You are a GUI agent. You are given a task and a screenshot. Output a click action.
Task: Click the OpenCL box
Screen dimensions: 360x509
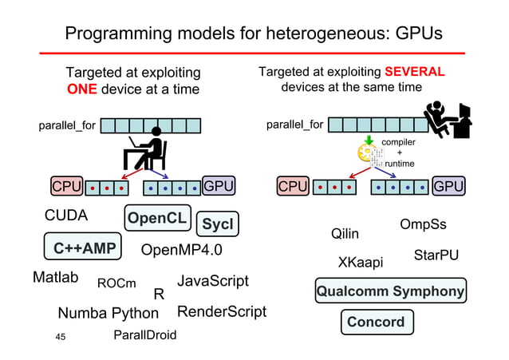(156, 218)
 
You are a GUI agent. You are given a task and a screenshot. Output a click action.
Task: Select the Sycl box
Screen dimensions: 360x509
(217, 225)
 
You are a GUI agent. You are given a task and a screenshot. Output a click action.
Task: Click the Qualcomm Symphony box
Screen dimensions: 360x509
(390, 291)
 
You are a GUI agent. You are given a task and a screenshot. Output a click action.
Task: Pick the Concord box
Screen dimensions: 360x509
(376, 322)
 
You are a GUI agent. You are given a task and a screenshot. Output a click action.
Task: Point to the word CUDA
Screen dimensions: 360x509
(66, 216)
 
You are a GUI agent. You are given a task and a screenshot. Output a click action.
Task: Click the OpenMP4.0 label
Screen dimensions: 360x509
(181, 251)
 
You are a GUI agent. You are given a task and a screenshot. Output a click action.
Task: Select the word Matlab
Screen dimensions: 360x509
(56, 278)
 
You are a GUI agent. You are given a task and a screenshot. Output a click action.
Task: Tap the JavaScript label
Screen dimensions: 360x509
(212, 281)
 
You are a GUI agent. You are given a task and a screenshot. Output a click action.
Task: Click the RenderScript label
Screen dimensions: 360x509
(222, 311)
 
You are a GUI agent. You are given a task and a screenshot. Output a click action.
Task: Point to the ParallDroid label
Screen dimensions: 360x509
(145, 334)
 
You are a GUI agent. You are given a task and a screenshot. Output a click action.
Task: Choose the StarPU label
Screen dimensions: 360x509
(435, 256)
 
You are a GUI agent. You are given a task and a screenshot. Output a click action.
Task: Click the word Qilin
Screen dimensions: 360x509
(345, 234)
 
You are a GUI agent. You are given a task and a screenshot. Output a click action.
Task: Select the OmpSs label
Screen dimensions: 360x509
(423, 224)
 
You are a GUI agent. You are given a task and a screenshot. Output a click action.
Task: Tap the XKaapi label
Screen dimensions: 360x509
(361, 263)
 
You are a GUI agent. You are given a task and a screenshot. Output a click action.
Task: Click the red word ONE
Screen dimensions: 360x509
(82, 89)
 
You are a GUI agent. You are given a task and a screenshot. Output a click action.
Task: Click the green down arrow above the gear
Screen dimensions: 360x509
(368, 144)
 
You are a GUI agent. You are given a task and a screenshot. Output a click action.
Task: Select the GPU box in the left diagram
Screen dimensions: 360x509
(219, 187)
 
